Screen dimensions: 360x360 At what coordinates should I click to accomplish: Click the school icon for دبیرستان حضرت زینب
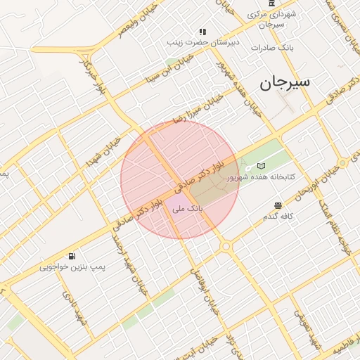(202, 32)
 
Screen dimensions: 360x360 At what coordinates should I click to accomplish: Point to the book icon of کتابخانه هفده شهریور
(262, 165)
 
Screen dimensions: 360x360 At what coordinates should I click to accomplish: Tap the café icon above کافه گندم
(278, 205)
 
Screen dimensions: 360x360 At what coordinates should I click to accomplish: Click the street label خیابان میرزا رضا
(199, 108)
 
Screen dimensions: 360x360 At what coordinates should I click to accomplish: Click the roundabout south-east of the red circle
(225, 246)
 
